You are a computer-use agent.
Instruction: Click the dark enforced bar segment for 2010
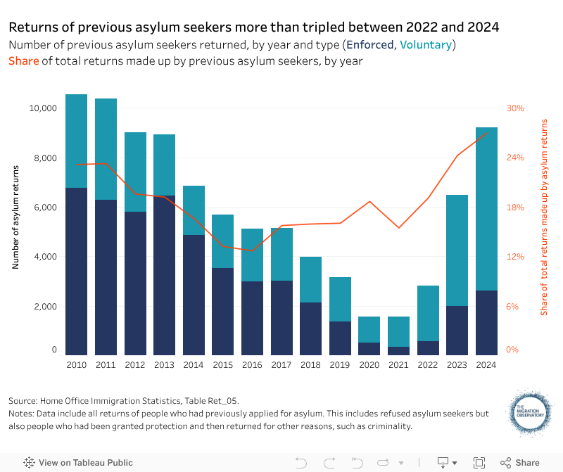[x=76, y=271]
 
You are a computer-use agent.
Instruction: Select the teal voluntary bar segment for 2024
[x=486, y=209]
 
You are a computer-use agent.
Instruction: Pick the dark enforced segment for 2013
[x=164, y=274]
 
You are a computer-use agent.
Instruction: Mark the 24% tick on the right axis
[x=516, y=158]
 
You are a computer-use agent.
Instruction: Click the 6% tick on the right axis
[x=514, y=307]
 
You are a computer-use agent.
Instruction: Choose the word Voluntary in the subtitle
[x=426, y=45]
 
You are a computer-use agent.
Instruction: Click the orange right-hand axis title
[x=544, y=217]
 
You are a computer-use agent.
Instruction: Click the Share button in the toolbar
[x=520, y=463]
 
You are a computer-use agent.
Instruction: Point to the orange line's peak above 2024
[x=486, y=134]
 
